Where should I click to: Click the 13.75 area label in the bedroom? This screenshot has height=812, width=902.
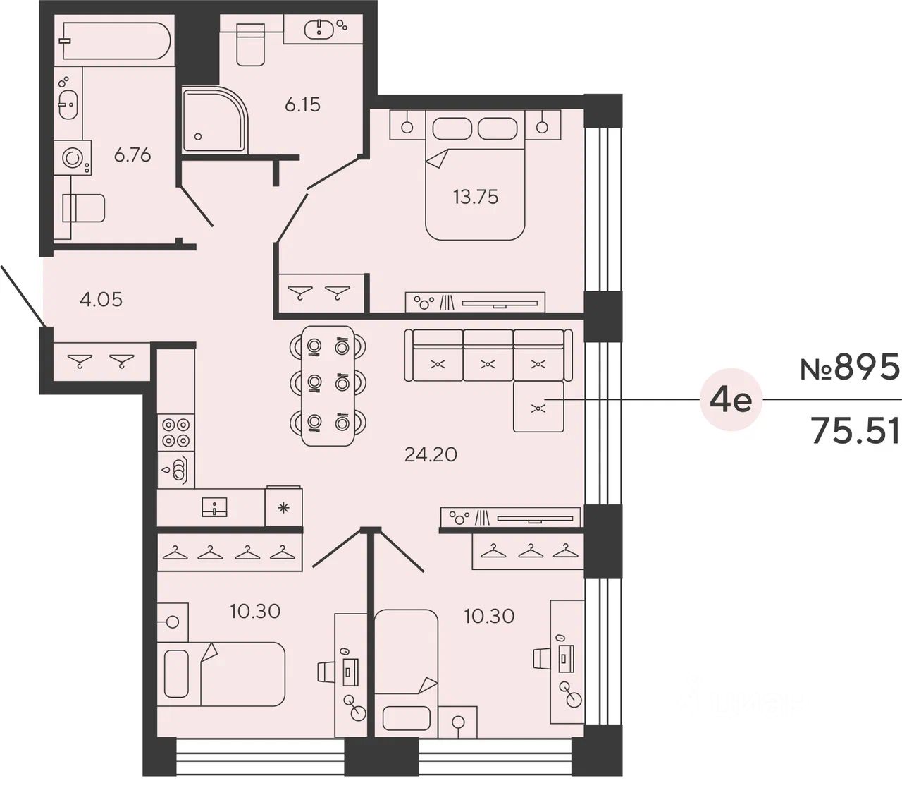pyautogui.click(x=475, y=197)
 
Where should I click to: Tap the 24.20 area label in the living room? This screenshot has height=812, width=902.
pyautogui.click(x=431, y=454)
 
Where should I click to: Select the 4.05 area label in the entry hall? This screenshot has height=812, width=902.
pyautogui.click(x=101, y=299)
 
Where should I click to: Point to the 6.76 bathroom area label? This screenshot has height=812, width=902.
pyautogui.click(x=132, y=154)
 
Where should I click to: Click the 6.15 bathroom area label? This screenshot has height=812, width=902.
pyautogui.click(x=302, y=105)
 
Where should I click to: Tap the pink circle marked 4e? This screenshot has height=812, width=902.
pyautogui.click(x=731, y=401)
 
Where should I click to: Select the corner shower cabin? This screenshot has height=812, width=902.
pyautogui.click(x=214, y=119)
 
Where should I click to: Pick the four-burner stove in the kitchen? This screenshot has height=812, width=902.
pyautogui.click(x=175, y=433)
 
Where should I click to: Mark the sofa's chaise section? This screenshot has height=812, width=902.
pyautogui.click(x=538, y=406)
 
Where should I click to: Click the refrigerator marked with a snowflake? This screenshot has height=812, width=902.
pyautogui.click(x=283, y=507)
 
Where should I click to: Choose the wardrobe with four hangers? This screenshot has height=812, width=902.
pyautogui.click(x=229, y=552)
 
